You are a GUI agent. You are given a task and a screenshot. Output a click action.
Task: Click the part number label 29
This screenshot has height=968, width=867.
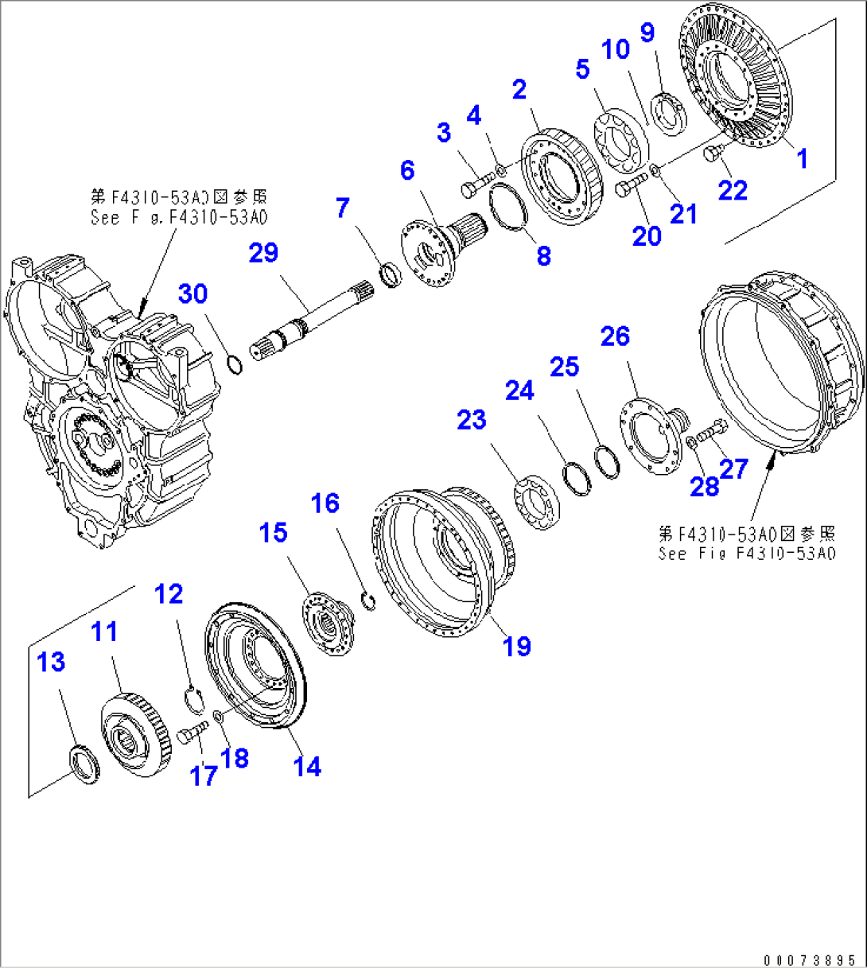click(x=263, y=253)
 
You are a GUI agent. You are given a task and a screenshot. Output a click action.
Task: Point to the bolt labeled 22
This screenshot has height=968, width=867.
click(x=713, y=154)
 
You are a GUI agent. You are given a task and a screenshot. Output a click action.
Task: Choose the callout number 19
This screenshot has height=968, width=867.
click(x=517, y=645)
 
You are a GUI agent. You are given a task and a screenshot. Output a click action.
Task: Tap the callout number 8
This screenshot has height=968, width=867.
click(x=544, y=255)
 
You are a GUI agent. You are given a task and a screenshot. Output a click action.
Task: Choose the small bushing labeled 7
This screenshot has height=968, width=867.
click(x=392, y=274)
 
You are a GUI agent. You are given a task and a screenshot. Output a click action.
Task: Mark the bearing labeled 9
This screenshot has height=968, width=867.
click(x=670, y=112)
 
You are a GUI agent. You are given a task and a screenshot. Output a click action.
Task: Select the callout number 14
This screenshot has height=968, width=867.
click(x=307, y=766)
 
